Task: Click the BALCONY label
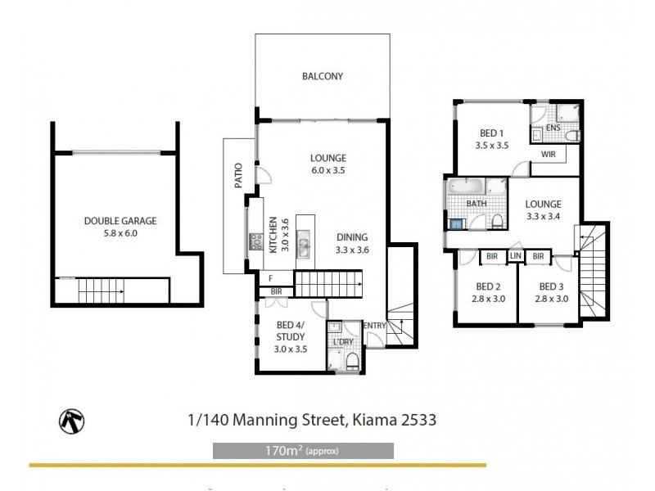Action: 322,77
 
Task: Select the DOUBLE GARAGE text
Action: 120,220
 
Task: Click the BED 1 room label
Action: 491,133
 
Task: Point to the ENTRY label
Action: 374,326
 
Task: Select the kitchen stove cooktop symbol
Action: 255,241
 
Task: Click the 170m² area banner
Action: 303,451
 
